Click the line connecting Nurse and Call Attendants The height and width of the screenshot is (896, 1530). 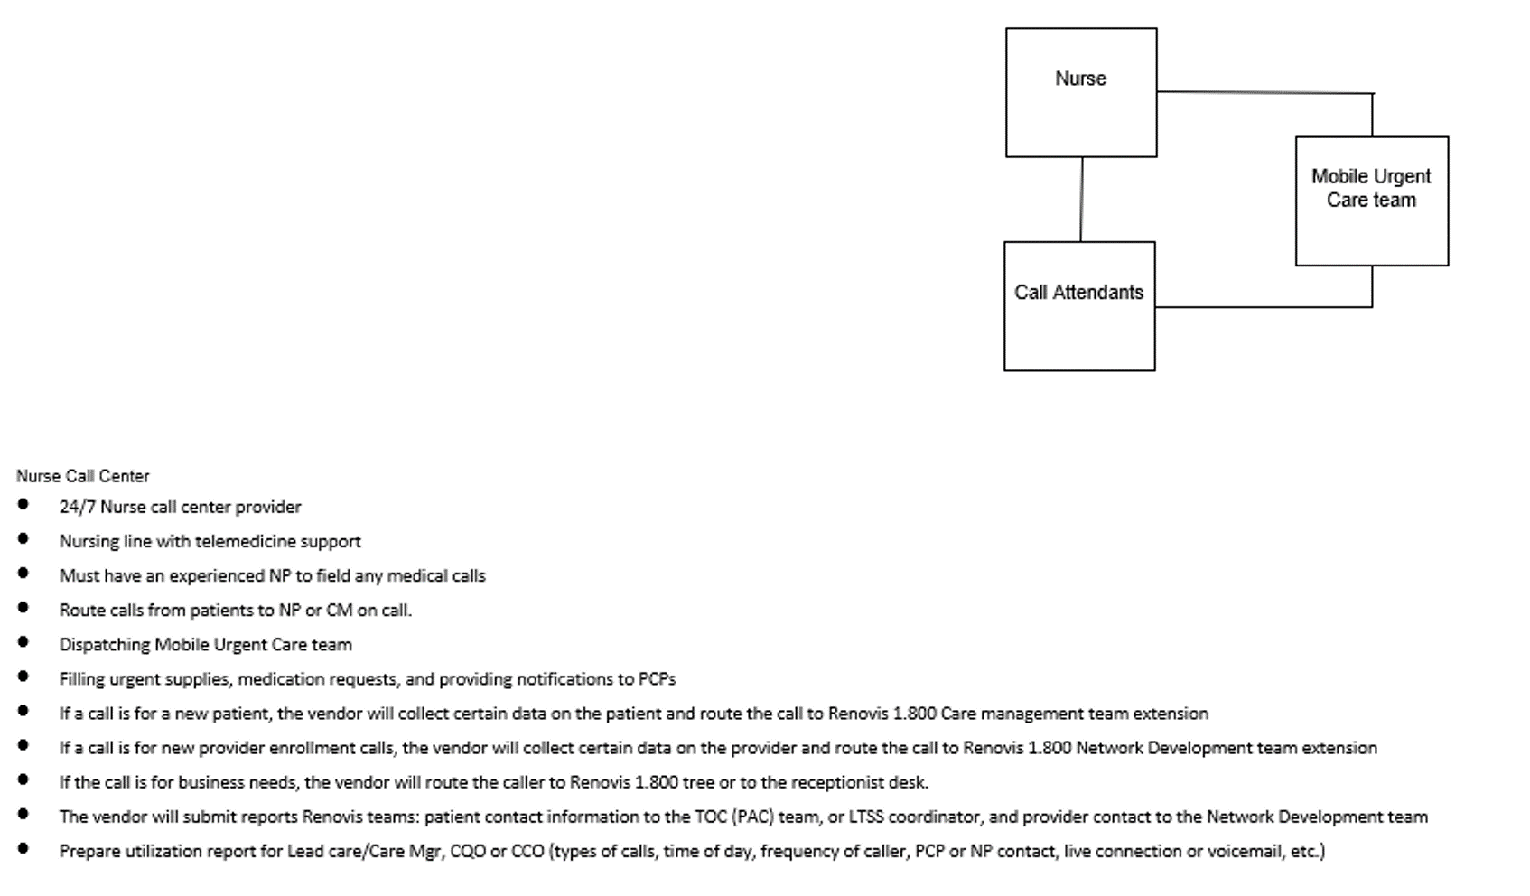(x=1081, y=200)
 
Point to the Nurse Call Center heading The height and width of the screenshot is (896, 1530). (x=83, y=476)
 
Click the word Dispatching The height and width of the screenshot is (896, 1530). (x=105, y=645)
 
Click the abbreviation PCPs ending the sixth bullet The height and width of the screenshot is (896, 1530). (x=658, y=679)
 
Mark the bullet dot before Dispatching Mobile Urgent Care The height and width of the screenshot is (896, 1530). (x=23, y=642)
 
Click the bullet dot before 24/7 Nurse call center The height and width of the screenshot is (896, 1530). (x=23, y=504)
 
